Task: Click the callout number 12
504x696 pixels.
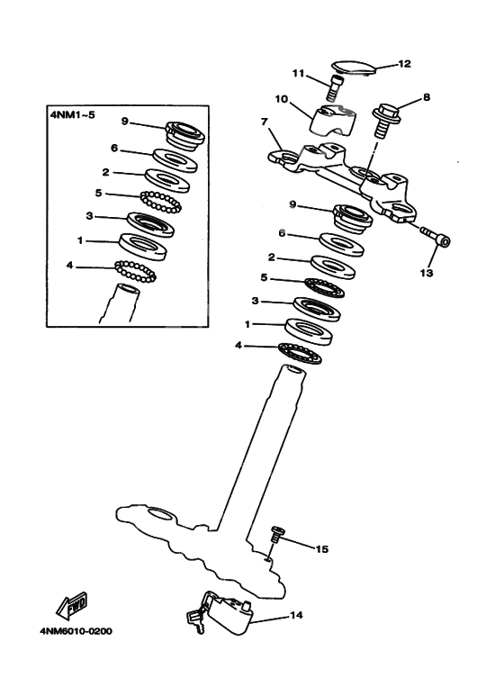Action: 404,64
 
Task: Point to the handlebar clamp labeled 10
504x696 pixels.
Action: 333,122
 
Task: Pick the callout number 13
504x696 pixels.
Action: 429,271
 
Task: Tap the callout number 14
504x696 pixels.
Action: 295,617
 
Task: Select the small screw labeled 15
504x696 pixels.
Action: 277,536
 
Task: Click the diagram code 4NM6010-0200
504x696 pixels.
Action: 76,630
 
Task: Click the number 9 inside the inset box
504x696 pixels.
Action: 125,122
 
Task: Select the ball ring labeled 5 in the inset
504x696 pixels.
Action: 158,201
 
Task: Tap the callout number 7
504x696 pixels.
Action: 264,121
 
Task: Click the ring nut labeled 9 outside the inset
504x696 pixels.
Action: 353,216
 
